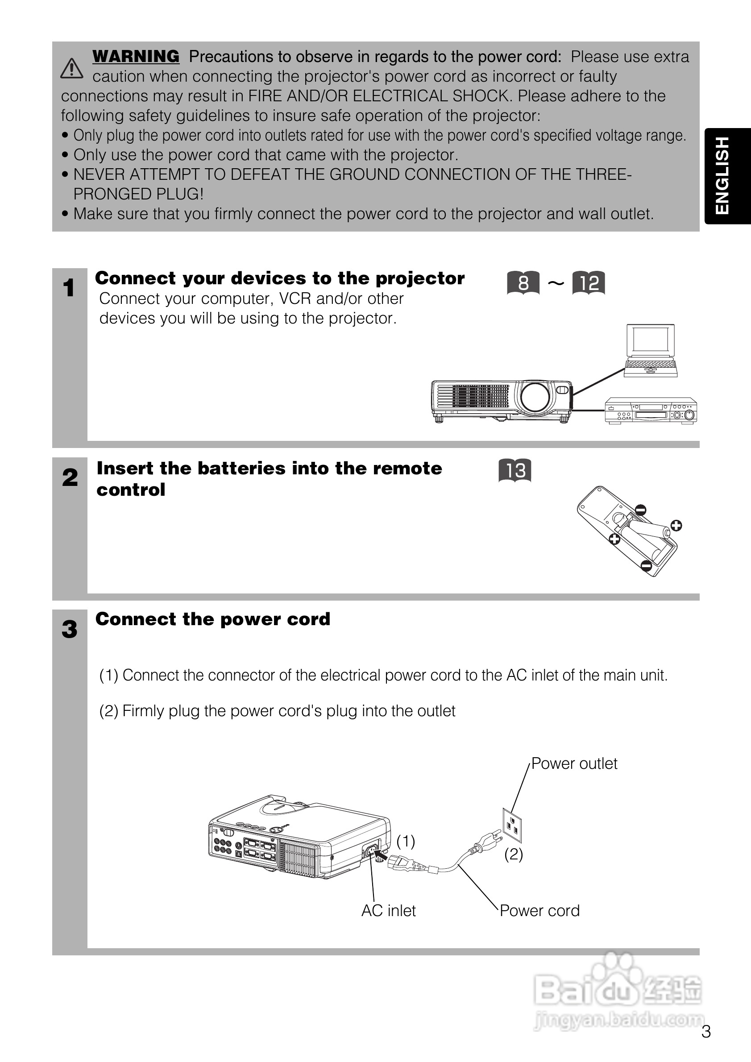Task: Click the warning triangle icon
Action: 72,68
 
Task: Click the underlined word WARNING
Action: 136,56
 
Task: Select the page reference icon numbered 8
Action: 523,282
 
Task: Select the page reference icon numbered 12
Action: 589,282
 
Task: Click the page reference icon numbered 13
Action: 514,470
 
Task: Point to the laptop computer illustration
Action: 651,350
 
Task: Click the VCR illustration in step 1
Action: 651,411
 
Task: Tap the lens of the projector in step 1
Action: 535,397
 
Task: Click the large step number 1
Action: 69,288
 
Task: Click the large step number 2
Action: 70,477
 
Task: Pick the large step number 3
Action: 69,629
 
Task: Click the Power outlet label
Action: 574,763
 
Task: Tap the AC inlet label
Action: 389,911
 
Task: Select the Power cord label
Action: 539,911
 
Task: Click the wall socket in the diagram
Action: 512,825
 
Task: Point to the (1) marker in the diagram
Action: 406,841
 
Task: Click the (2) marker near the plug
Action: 513,854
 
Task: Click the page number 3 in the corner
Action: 705,1032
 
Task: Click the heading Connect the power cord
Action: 213,619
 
